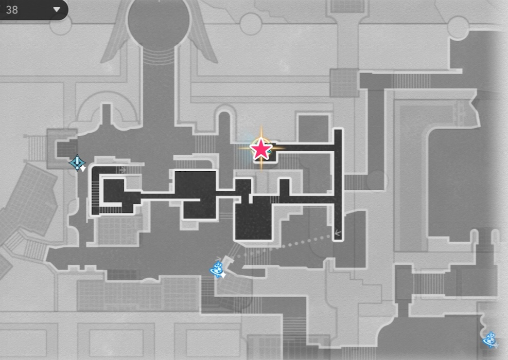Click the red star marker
coord(261,149)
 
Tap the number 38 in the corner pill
coord(12,10)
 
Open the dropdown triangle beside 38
coord(56,9)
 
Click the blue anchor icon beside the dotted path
coord(218,269)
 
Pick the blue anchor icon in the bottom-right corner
coord(490,339)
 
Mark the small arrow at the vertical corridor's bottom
coord(338,233)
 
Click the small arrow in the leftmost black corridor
coord(122,169)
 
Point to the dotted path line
coord(283,245)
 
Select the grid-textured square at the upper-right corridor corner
coord(344,82)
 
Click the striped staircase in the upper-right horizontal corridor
coord(410,81)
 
